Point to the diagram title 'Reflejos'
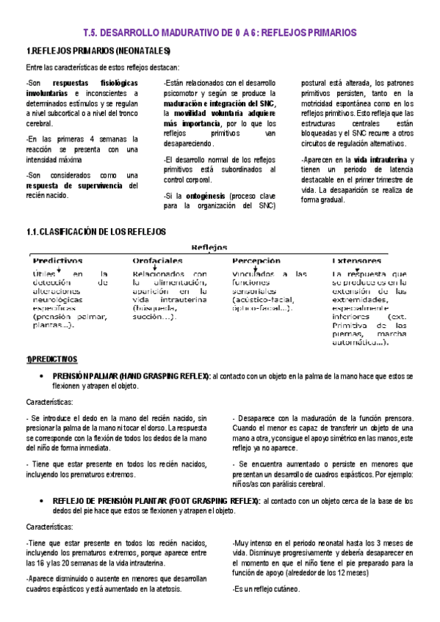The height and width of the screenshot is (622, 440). tap(209, 247)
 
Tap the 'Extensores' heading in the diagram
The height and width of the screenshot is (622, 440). tap(356, 260)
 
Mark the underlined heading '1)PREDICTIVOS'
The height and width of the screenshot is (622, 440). tap(51, 359)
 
